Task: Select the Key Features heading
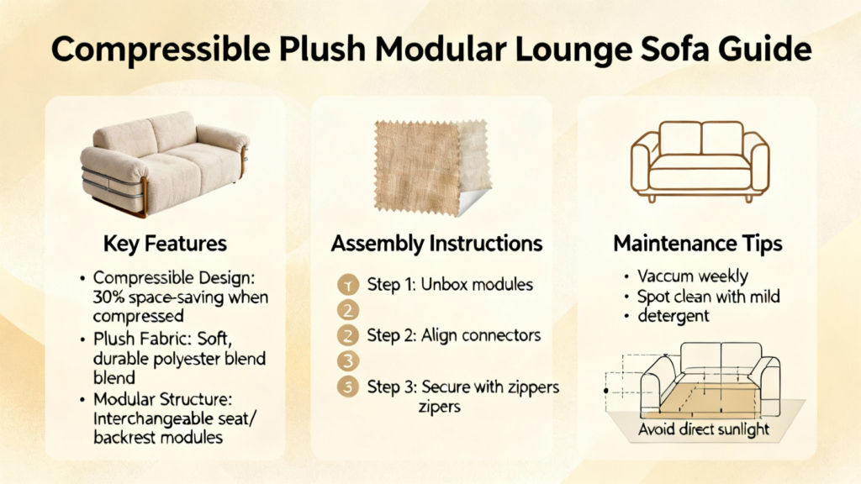[x=165, y=244]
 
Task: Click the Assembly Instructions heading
[x=436, y=244]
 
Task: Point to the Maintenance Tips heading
[x=697, y=244]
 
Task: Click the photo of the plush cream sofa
[x=165, y=163]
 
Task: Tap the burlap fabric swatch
[x=431, y=166]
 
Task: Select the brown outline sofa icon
[x=700, y=161]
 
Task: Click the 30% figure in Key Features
[x=109, y=297]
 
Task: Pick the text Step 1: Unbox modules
[x=450, y=284]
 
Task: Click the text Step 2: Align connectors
[x=453, y=335]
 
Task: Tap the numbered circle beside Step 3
[x=347, y=387]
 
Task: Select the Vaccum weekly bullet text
[x=693, y=276]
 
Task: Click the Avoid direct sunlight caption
[x=704, y=429]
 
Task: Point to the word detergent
[x=673, y=316]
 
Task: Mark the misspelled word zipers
[x=439, y=408]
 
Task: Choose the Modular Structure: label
[x=162, y=399]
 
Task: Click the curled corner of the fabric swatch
[x=473, y=202]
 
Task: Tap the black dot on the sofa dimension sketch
[x=605, y=391]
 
